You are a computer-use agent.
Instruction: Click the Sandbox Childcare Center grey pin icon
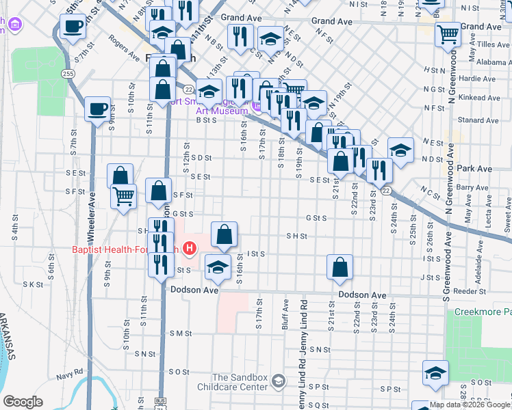pyautogui.click(x=278, y=381)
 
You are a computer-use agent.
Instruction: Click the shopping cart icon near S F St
pyautogui.click(x=123, y=196)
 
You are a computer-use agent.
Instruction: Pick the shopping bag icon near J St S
pyautogui.click(x=340, y=267)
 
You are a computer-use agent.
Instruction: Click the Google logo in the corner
pyautogui.click(x=23, y=402)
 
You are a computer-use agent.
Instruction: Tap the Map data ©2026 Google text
pyautogui.click(x=470, y=405)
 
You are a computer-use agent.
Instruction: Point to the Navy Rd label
pyautogui.click(x=70, y=376)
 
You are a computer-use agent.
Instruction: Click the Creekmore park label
pyautogui.click(x=483, y=312)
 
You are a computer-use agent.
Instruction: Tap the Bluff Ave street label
pyautogui.click(x=285, y=316)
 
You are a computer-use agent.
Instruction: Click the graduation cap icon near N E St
pyautogui.click(x=401, y=150)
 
